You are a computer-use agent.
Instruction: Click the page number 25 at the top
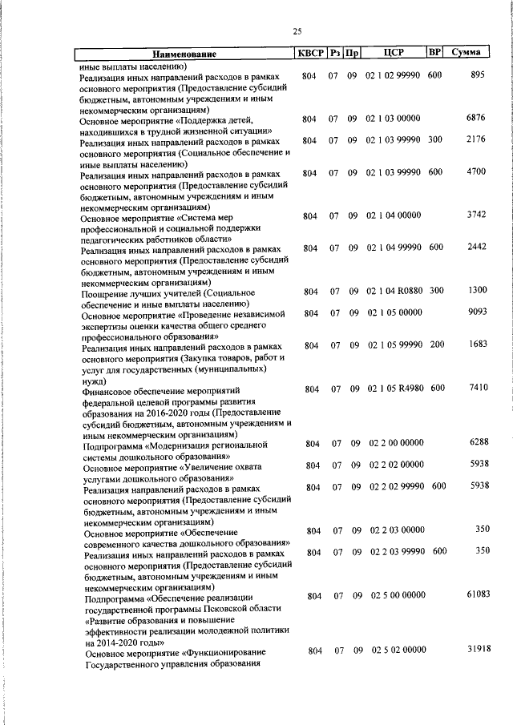click(297, 31)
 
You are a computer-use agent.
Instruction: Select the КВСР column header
click(309, 53)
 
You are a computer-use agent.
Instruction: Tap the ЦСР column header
click(393, 53)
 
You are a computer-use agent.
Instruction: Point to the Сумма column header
click(466, 52)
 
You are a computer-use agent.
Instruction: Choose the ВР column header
click(435, 52)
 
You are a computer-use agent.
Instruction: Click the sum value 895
click(479, 75)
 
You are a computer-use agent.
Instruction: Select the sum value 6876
click(476, 118)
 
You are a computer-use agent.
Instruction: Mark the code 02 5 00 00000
click(398, 595)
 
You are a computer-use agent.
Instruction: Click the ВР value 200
click(436, 344)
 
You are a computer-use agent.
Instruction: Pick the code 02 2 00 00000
click(397, 443)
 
